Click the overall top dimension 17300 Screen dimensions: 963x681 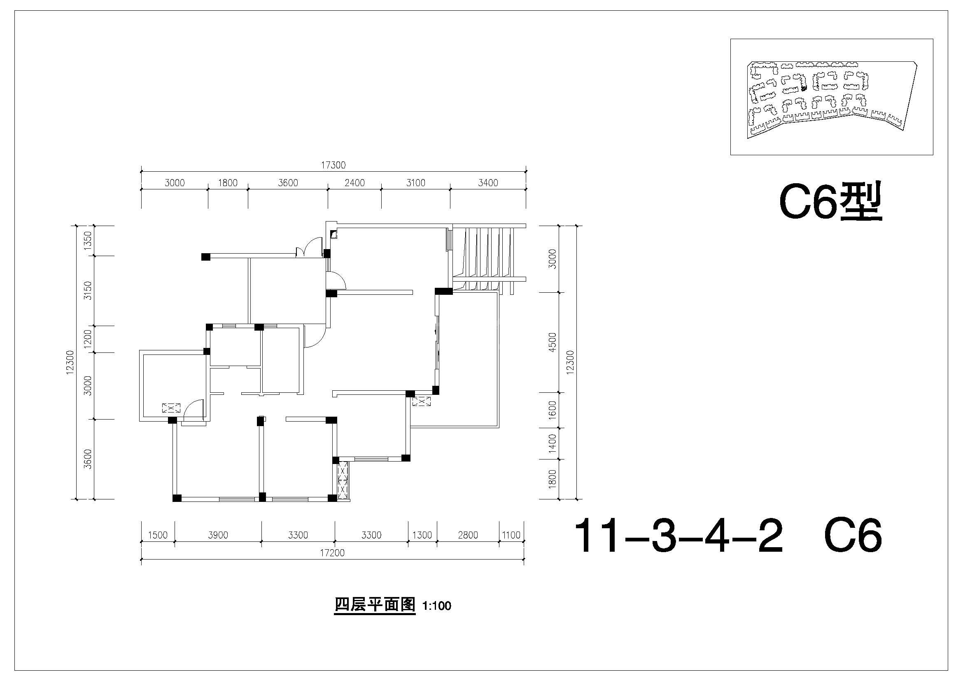click(x=333, y=165)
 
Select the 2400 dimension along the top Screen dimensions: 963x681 click(x=354, y=183)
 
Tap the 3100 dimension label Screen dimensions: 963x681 click(x=416, y=183)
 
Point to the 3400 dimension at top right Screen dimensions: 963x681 click(x=488, y=183)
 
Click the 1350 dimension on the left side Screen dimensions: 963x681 click(x=88, y=241)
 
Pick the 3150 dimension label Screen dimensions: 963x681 click(x=88, y=290)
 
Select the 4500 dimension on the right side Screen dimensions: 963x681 click(x=553, y=342)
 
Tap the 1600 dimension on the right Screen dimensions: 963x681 click(x=553, y=409)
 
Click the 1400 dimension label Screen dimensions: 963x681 click(x=553, y=443)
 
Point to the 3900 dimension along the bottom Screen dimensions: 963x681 click(x=218, y=535)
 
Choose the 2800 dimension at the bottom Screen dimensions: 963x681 click(x=468, y=535)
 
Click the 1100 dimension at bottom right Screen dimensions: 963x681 click(x=511, y=535)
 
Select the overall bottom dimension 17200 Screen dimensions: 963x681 click(x=332, y=553)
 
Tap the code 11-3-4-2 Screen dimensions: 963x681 click(x=678, y=536)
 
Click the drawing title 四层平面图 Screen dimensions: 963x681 click(x=375, y=605)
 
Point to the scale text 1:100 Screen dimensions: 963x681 click(x=436, y=606)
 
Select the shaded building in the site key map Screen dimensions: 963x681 click(x=804, y=88)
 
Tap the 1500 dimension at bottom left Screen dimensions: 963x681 click(x=158, y=535)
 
